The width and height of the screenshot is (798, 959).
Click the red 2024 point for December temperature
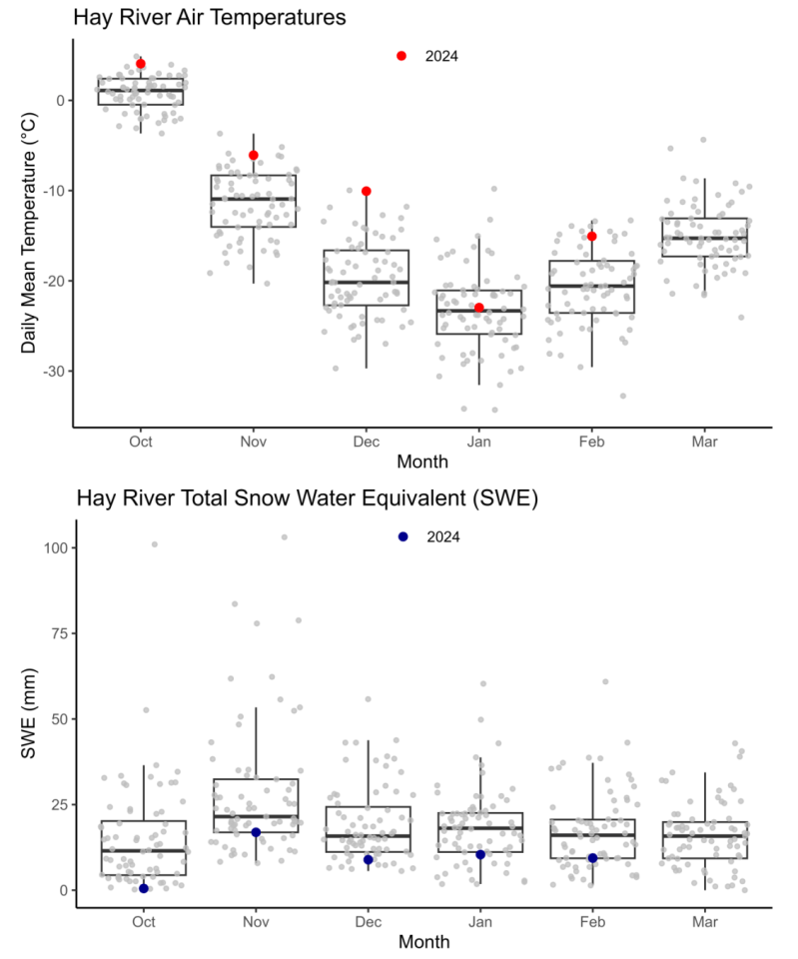(x=367, y=191)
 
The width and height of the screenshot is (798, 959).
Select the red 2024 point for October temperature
(x=141, y=64)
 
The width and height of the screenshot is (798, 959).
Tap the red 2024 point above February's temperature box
(x=592, y=237)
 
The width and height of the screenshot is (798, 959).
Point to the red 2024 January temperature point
(x=479, y=308)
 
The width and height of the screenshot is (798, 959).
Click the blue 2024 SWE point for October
(x=144, y=888)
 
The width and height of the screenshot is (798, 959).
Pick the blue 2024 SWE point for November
(x=256, y=832)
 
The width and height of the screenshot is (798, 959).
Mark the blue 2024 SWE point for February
(x=592, y=858)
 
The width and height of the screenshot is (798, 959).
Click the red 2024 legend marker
(x=401, y=56)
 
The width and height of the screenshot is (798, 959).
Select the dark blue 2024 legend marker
(x=402, y=536)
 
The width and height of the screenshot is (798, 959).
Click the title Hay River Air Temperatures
(x=210, y=17)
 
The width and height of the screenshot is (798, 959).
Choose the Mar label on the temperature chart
(x=704, y=442)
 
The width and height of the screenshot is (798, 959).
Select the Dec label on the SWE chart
(x=368, y=921)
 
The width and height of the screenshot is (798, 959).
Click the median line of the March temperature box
(x=704, y=238)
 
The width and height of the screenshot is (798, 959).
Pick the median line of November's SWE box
(x=256, y=816)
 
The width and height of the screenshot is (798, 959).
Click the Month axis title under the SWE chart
(x=422, y=941)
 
